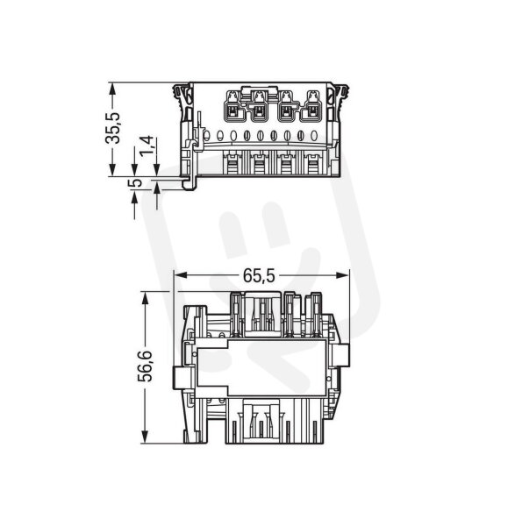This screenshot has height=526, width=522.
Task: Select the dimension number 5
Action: [x=135, y=183]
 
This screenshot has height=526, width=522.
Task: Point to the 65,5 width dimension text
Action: [x=259, y=276]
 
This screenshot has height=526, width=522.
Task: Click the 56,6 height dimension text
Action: [x=145, y=366]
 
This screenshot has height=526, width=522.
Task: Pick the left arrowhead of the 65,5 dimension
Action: [x=181, y=275]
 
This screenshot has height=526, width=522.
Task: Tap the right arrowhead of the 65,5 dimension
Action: [x=342, y=275]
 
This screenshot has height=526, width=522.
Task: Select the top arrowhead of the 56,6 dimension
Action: [x=145, y=298]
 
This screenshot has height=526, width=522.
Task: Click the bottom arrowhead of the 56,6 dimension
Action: [x=145, y=437]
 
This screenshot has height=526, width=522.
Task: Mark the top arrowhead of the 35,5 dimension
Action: [x=113, y=89]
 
